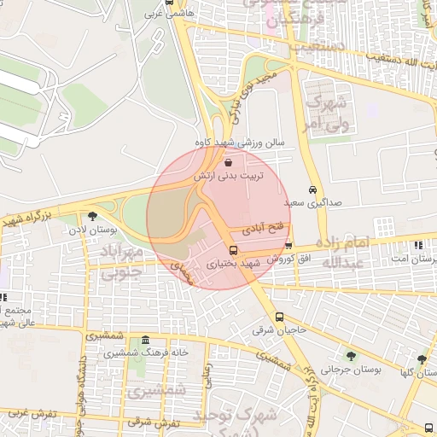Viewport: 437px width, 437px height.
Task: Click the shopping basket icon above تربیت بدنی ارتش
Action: coord(228,161)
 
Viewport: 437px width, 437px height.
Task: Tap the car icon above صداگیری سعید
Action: coord(312,190)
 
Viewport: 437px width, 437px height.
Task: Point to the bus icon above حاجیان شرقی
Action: coord(279,318)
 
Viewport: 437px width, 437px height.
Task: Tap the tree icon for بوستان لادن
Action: coord(92,215)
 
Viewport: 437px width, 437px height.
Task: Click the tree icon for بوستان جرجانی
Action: coord(350,356)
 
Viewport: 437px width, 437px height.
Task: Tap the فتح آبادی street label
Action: coord(259,230)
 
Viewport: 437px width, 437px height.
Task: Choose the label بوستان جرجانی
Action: coord(342,370)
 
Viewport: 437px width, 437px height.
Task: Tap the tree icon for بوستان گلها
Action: coord(422,359)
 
